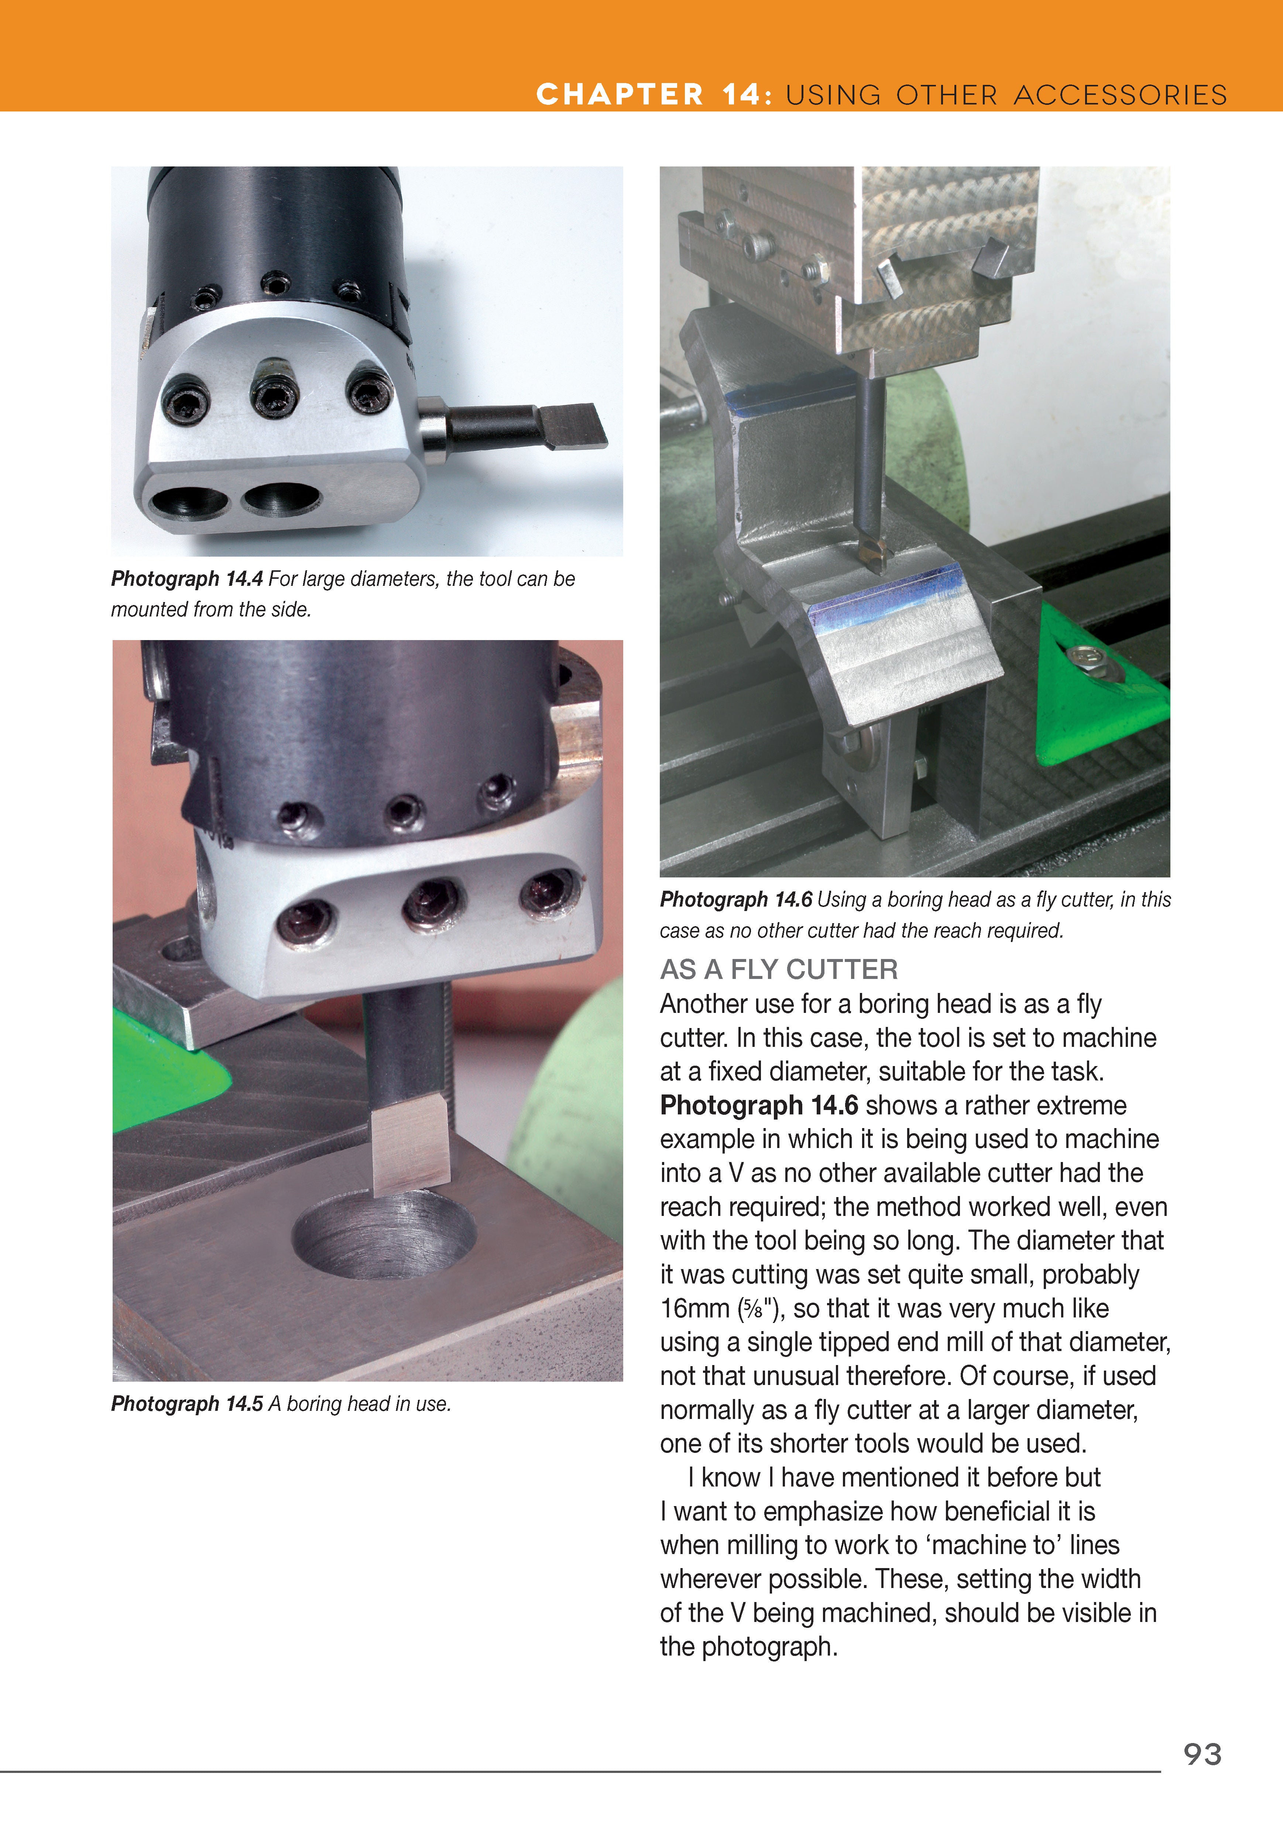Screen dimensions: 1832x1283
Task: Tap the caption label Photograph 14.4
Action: pos(187,578)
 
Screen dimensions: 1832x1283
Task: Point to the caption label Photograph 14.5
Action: pos(187,1403)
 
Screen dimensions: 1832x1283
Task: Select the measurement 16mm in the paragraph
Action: pos(694,1309)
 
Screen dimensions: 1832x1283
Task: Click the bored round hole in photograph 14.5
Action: pos(383,1233)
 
